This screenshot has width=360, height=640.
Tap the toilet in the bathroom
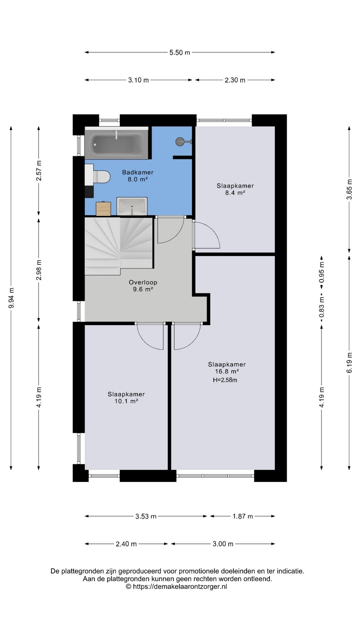click(x=101, y=177)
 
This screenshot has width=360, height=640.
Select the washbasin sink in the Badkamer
click(x=132, y=206)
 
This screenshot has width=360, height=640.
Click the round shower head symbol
click(x=180, y=141)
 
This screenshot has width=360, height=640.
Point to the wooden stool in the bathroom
click(x=103, y=209)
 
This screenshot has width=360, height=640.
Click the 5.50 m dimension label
click(x=180, y=52)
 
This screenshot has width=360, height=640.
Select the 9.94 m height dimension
click(x=11, y=298)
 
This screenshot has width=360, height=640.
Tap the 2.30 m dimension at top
click(x=235, y=80)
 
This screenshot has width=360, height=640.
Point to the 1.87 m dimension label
click(x=243, y=516)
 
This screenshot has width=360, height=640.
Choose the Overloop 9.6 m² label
click(x=143, y=286)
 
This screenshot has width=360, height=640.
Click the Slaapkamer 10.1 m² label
click(x=126, y=398)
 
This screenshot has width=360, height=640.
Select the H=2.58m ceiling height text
click(x=225, y=380)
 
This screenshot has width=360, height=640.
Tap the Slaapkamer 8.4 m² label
click(x=235, y=189)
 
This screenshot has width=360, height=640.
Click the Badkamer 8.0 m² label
click(x=138, y=176)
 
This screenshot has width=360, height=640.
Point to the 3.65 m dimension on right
click(x=349, y=189)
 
